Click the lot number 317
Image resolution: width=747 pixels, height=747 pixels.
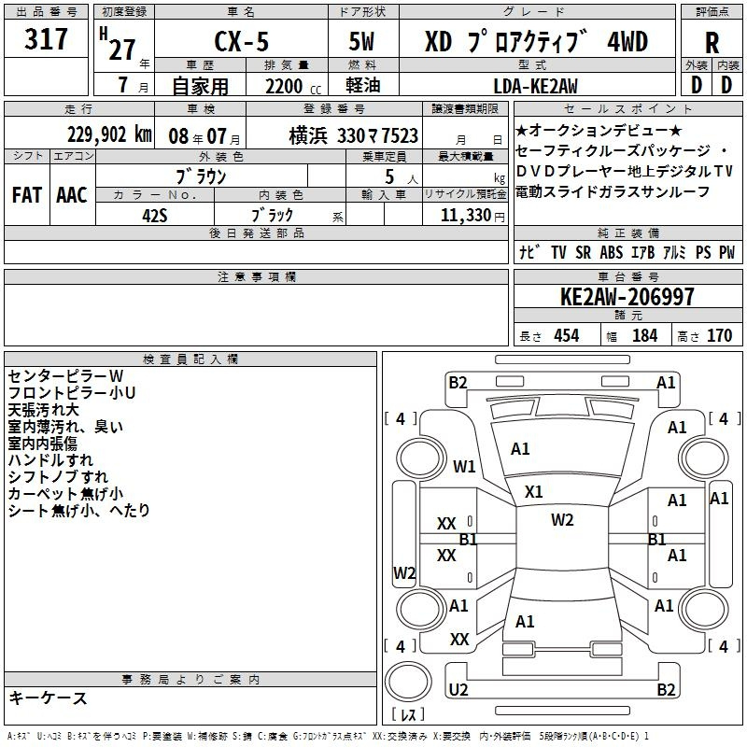pos(46,38)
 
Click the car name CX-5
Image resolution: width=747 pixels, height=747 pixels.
pos(242,41)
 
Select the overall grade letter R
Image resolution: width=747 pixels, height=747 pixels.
pos(712,43)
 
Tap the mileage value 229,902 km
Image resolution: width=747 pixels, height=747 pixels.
pos(109,134)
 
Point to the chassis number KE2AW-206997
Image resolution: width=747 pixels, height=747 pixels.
pos(627,297)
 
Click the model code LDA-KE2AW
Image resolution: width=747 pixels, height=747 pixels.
pos(535,86)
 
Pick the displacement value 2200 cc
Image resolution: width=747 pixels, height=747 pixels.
pos(293,86)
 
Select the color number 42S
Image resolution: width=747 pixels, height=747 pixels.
pos(155,216)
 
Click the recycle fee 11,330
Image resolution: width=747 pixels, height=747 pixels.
pos(466,216)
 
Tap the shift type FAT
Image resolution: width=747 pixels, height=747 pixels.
pos(27,195)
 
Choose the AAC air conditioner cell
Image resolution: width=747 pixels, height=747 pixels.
pos(72,195)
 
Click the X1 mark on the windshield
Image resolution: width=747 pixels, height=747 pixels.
pos(533,492)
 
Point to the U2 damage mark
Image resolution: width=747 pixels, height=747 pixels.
pos(458,689)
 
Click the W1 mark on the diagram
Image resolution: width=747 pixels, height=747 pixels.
pos(464,466)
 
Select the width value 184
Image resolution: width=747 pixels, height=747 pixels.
pos(644,335)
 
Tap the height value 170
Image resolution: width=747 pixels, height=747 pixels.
pos(719,335)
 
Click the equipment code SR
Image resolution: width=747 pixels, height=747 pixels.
pos(583,252)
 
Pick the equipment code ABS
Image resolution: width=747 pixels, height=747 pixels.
pos(612,252)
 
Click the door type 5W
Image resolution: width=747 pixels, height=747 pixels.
pos(361,41)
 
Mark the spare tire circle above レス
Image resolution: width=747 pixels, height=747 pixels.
pos(408,682)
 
